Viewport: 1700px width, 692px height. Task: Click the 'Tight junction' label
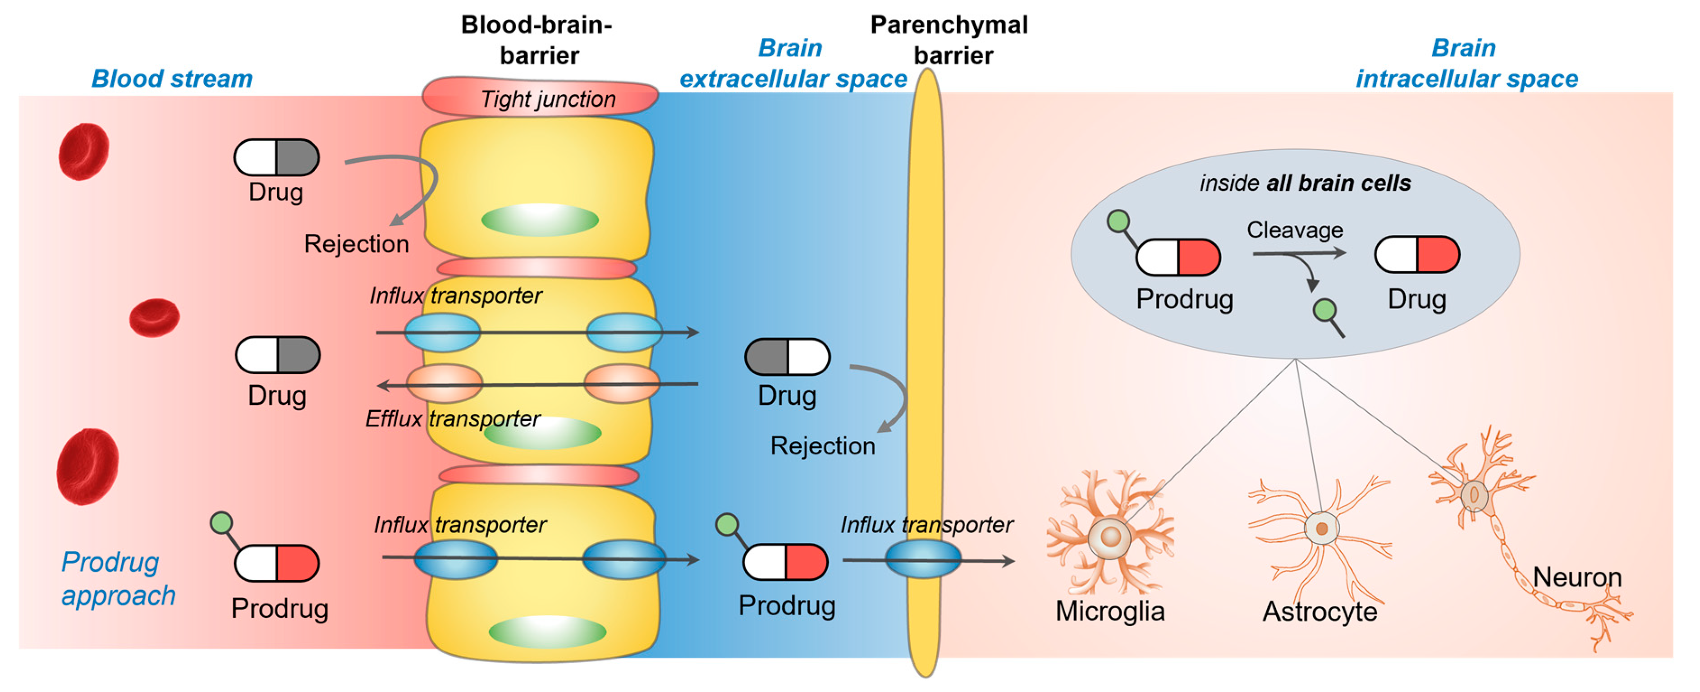click(x=547, y=99)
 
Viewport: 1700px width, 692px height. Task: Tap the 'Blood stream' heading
click(x=172, y=78)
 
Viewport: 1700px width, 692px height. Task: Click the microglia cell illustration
click(x=1109, y=536)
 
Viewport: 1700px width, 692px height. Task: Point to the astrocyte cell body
click(x=1321, y=528)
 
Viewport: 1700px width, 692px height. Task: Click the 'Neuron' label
click(x=1576, y=577)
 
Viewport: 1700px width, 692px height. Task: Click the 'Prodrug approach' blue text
click(x=118, y=578)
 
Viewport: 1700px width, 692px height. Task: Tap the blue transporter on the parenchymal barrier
click(x=923, y=559)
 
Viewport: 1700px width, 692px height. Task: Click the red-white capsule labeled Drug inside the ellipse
click(x=1416, y=255)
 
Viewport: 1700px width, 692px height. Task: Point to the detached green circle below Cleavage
click(x=1324, y=309)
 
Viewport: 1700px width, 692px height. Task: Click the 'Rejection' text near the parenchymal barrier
click(x=822, y=446)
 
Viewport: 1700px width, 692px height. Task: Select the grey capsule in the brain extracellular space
click(x=787, y=357)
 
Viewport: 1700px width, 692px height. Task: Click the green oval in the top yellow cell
click(x=539, y=220)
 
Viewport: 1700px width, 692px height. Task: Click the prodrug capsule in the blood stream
click(x=276, y=563)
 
